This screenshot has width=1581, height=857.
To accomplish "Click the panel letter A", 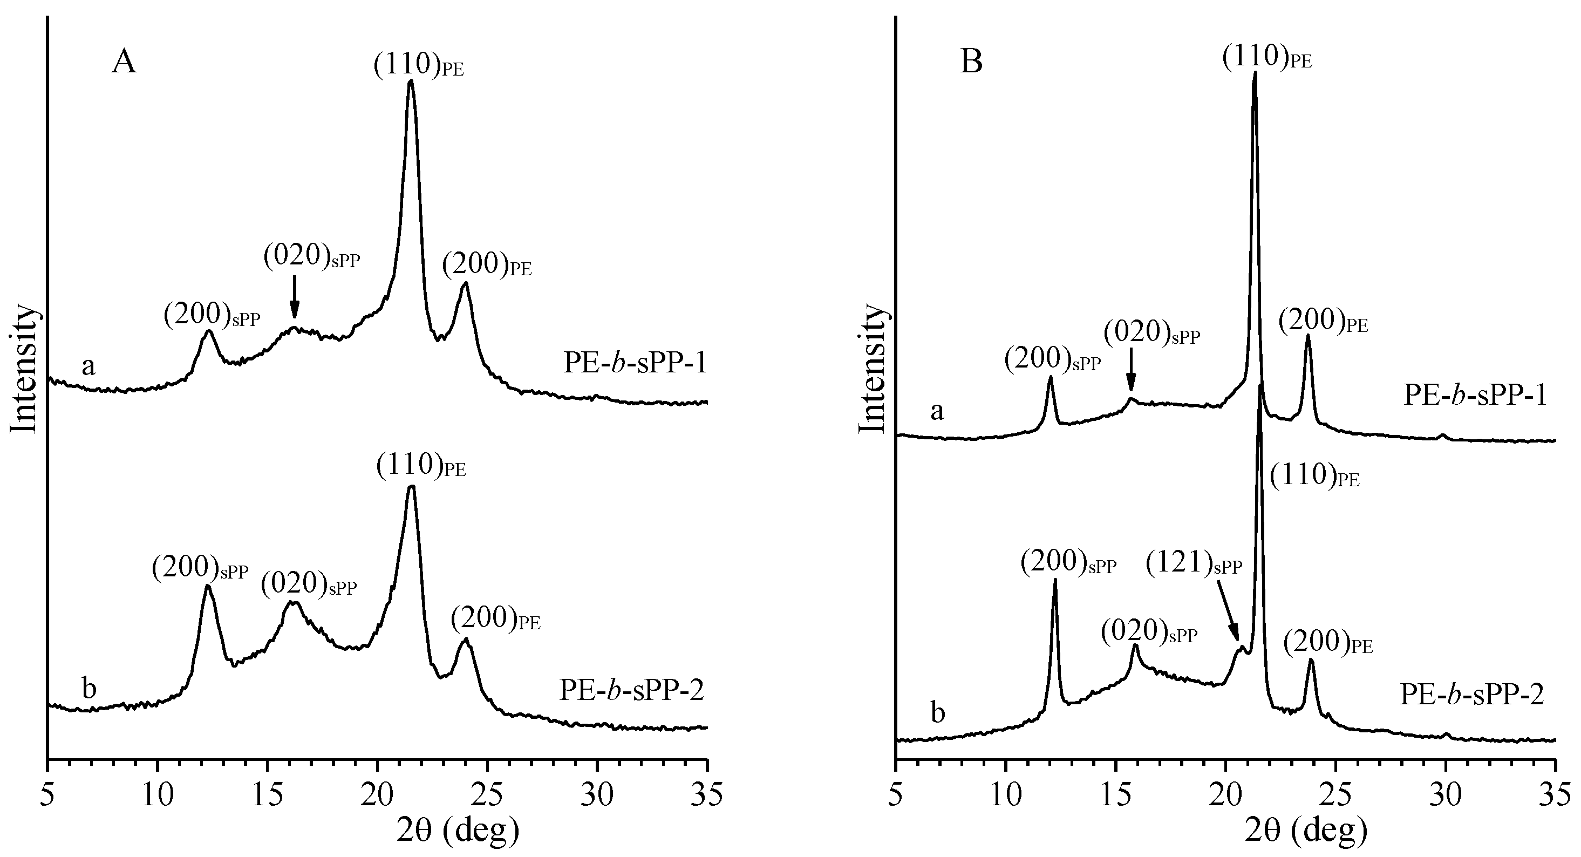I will coord(124,63).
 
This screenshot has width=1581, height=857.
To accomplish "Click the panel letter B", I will coord(971,63).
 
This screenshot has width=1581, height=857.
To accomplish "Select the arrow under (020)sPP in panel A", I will coord(295,296).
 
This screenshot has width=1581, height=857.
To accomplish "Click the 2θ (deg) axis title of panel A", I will coord(457,830).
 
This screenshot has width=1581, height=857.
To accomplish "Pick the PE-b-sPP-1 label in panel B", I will coord(1480,396).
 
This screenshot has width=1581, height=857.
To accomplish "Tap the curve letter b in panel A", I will coord(89,689).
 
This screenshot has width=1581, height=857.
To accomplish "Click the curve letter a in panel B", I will coord(937,411).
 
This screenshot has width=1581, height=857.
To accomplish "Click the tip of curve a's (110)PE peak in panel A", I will coord(411,80).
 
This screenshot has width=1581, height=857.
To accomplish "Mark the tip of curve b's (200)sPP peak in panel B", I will coord(1055,580).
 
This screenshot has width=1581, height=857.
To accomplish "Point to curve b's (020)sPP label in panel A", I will coord(309,583).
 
